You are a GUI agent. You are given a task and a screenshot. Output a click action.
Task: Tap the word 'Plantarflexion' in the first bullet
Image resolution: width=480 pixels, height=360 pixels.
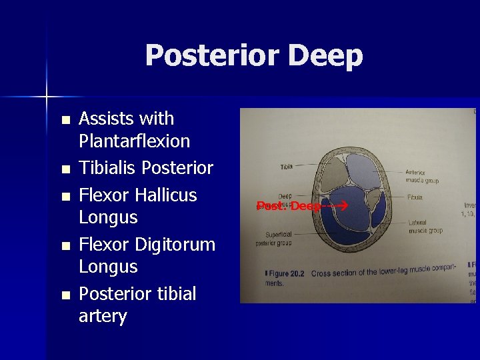click(x=134, y=141)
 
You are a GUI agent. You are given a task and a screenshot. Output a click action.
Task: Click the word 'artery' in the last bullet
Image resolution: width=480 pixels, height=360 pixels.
click(x=103, y=316)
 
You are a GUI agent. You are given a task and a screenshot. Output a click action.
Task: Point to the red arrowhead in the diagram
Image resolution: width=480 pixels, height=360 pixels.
click(x=345, y=206)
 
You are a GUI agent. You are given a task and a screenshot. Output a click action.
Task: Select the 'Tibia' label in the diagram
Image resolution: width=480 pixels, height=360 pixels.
click(x=286, y=167)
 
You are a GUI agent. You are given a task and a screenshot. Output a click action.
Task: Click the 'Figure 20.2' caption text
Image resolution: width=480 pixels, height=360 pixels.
click(x=289, y=274)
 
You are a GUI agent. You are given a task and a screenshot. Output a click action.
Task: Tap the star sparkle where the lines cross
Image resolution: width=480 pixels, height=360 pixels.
click(x=47, y=97)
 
